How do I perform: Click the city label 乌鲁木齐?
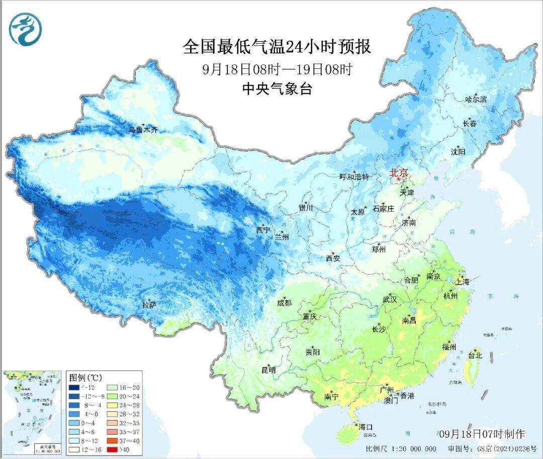pyautogui.click(x=143, y=130)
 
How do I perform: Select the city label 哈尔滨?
pyautogui.click(x=476, y=100)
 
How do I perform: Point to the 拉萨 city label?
pyautogui.click(x=150, y=305)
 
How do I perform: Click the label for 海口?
pyautogui.click(x=366, y=427)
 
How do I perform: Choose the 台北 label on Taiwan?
pyautogui.click(x=475, y=355)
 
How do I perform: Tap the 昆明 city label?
pyautogui.click(x=268, y=370)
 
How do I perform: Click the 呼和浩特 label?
pyautogui.click(x=354, y=176)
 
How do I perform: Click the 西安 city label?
pyautogui.click(x=333, y=258)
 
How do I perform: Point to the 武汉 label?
pyautogui.click(x=390, y=300)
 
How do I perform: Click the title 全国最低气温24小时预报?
pyautogui.click(x=277, y=47)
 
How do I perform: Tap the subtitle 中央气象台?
pyautogui.click(x=277, y=89)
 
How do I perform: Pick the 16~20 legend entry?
pyautogui.click(x=121, y=388)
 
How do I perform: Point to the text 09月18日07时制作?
pyautogui.click(x=481, y=434)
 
